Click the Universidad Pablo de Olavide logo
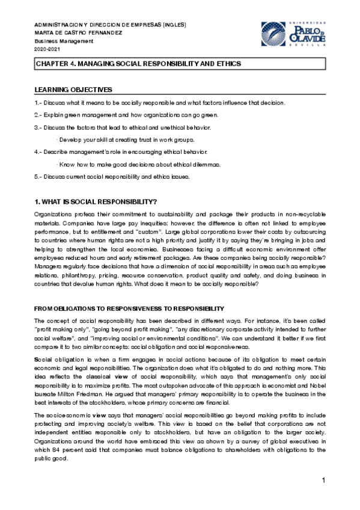pyautogui.click(x=292, y=34)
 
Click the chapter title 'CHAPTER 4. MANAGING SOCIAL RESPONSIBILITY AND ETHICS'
pyautogui.click(x=138, y=63)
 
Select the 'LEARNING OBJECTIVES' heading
pyautogui.click(x=73, y=89)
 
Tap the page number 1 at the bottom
pyautogui.click(x=323, y=481)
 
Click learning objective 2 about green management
pyautogui.click(x=126, y=115)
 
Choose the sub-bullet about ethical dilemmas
pyautogui.click(x=138, y=164)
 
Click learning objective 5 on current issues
pyautogui.click(x=112, y=177)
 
